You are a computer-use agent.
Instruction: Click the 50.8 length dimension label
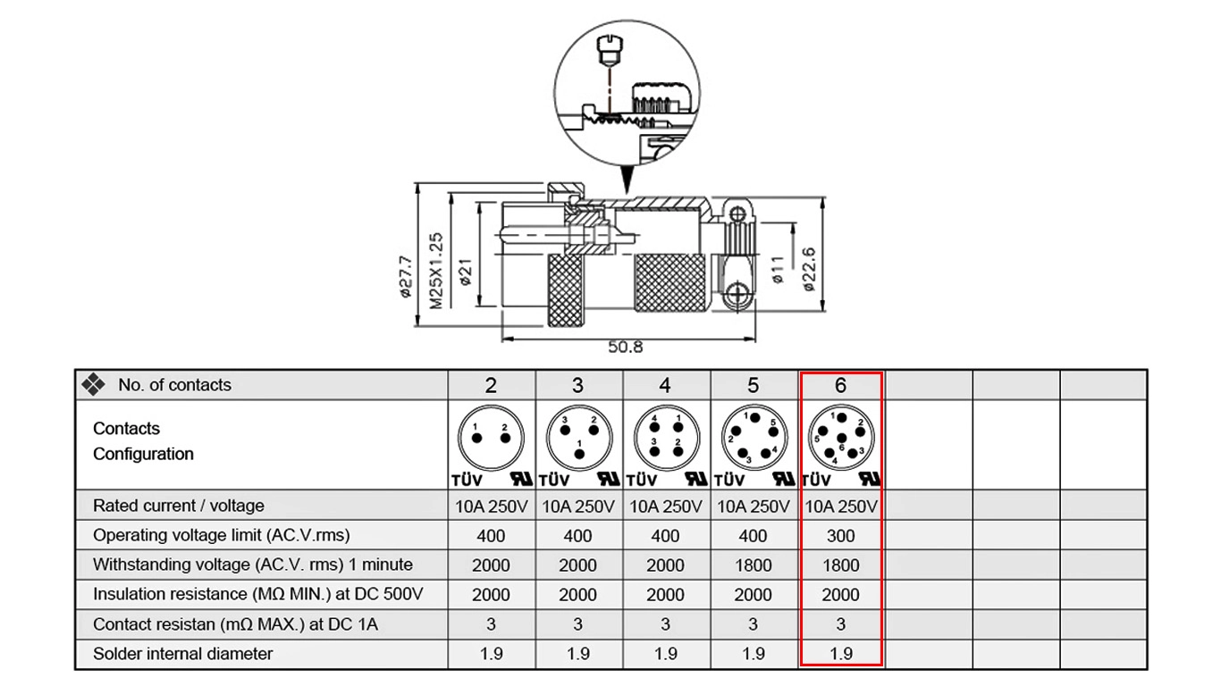[x=626, y=347]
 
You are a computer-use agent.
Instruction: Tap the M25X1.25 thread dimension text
[x=436, y=270]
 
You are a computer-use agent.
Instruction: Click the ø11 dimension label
[x=778, y=269]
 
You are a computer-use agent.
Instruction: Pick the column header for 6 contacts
[x=840, y=385]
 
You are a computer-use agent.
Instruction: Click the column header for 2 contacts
[x=491, y=385]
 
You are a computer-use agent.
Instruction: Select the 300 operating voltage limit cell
[x=840, y=536]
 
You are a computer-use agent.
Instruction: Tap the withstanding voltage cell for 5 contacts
[x=753, y=565]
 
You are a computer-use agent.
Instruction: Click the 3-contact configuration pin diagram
[x=577, y=437]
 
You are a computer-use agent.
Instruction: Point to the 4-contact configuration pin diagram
[x=665, y=437]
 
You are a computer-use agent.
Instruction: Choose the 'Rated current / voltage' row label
[x=179, y=506]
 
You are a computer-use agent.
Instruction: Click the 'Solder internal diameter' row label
[x=183, y=654]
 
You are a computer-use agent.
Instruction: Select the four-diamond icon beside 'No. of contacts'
[x=94, y=385]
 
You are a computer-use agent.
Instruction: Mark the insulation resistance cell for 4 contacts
[x=665, y=595]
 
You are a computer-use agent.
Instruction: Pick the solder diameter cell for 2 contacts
[x=491, y=654]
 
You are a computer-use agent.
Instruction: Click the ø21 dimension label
[x=466, y=271]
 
